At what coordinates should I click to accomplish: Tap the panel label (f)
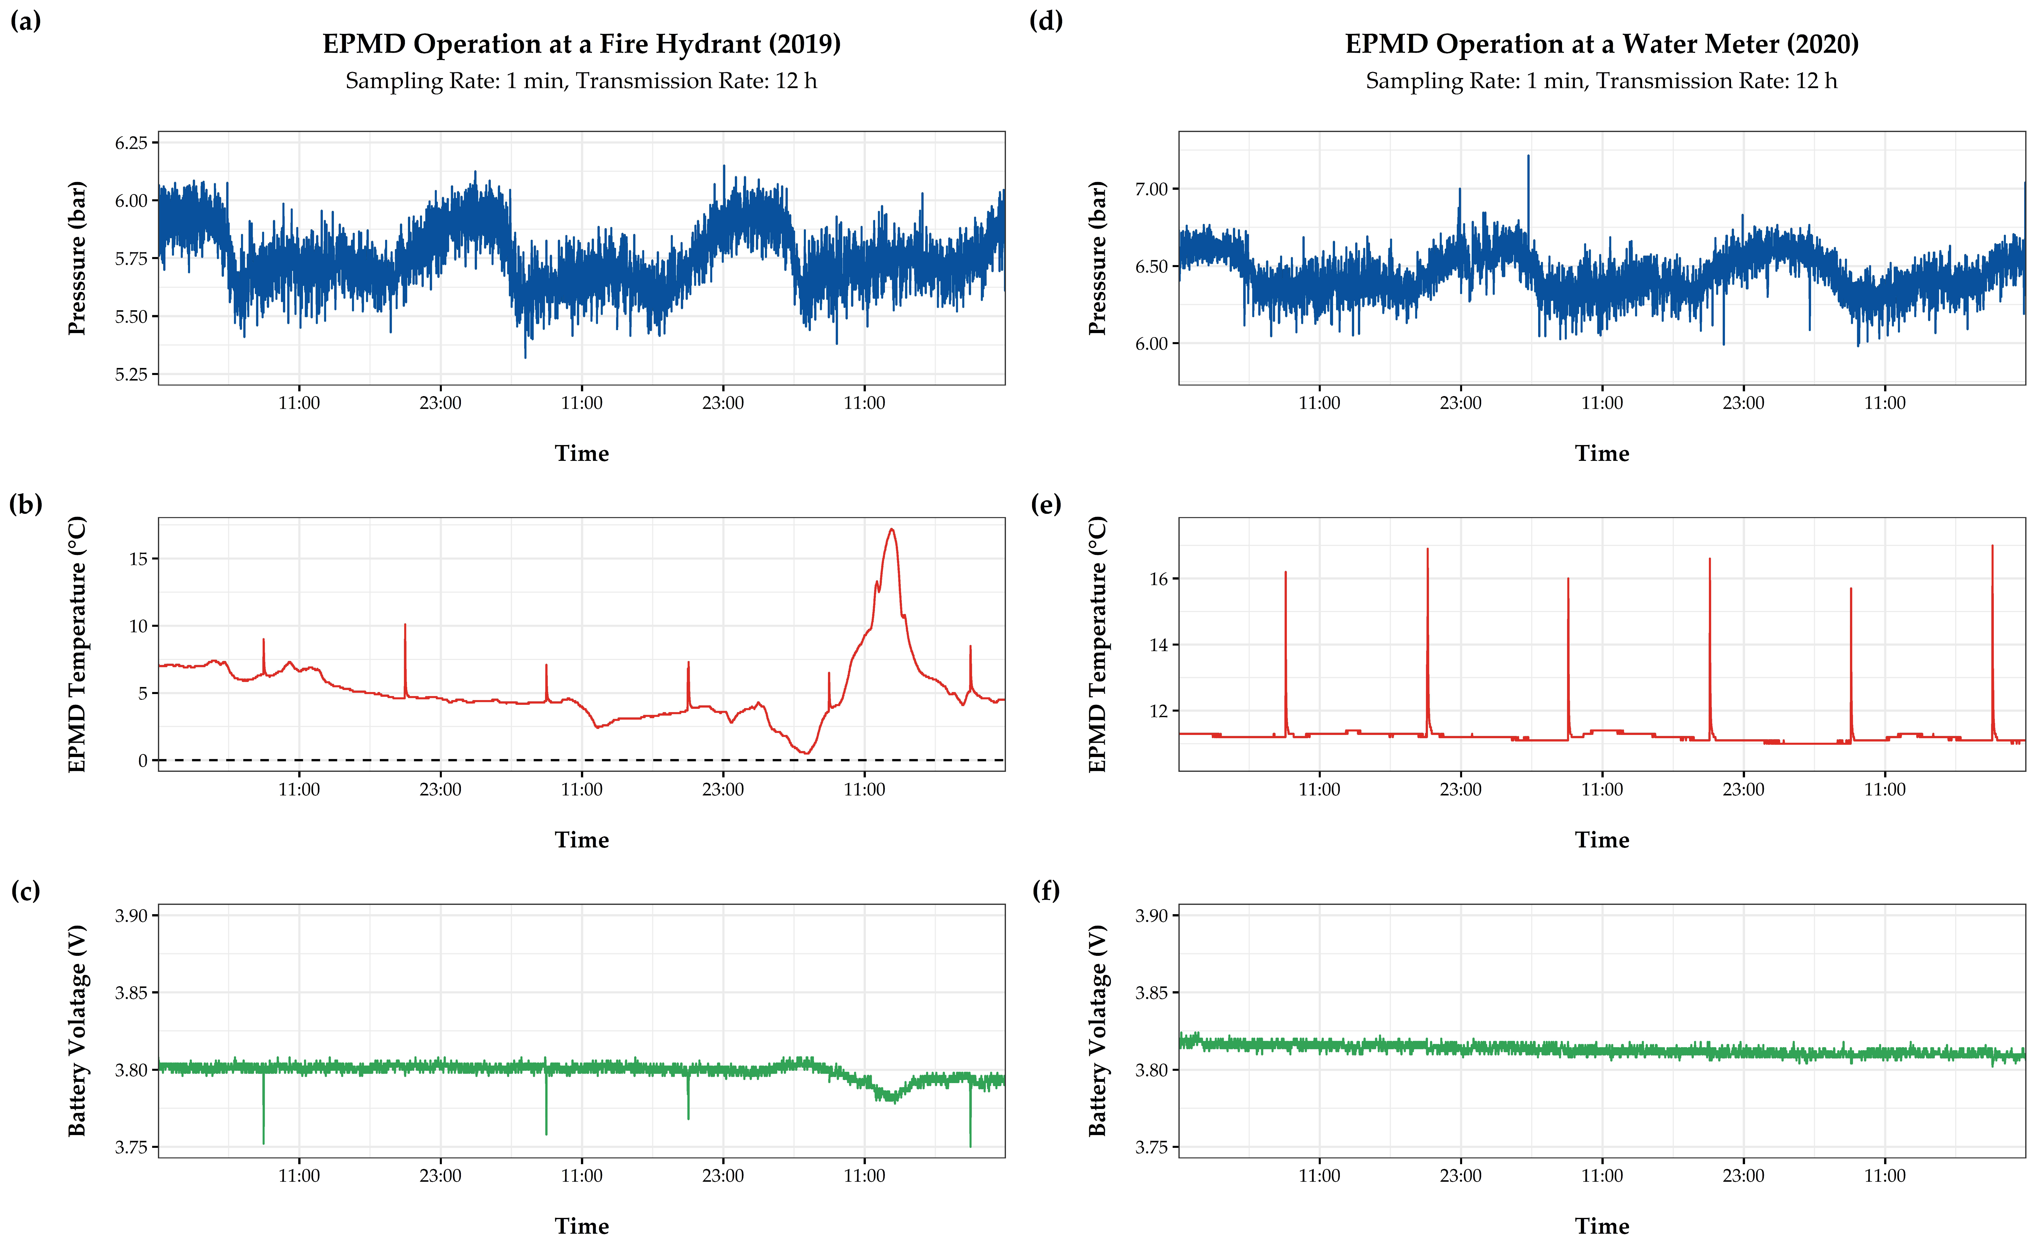click(1046, 891)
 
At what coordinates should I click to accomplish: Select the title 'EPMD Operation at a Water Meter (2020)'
click(1601, 44)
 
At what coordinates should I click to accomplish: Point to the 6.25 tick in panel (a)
click(131, 143)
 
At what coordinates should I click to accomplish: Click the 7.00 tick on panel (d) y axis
click(1151, 189)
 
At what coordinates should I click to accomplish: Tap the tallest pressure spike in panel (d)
click(1528, 157)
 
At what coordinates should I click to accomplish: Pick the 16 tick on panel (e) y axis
click(1159, 579)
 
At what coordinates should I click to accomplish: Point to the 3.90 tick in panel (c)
click(131, 916)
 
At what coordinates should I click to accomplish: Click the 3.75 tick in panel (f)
click(1151, 1147)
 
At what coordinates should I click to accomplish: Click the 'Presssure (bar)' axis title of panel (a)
click(77, 258)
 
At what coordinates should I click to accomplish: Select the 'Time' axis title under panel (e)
click(1601, 840)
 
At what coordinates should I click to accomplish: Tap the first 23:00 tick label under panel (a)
click(440, 403)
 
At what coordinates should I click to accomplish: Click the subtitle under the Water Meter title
click(1601, 81)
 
